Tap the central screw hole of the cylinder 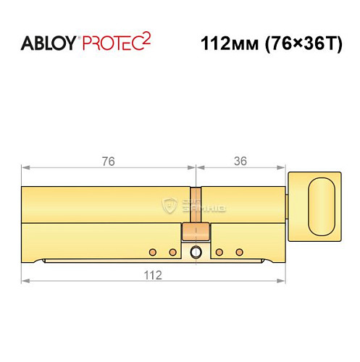195,252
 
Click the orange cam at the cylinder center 195,232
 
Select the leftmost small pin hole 152,252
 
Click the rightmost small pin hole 238,252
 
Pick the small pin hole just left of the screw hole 172,252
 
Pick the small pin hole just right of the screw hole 218,252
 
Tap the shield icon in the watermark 169,205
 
